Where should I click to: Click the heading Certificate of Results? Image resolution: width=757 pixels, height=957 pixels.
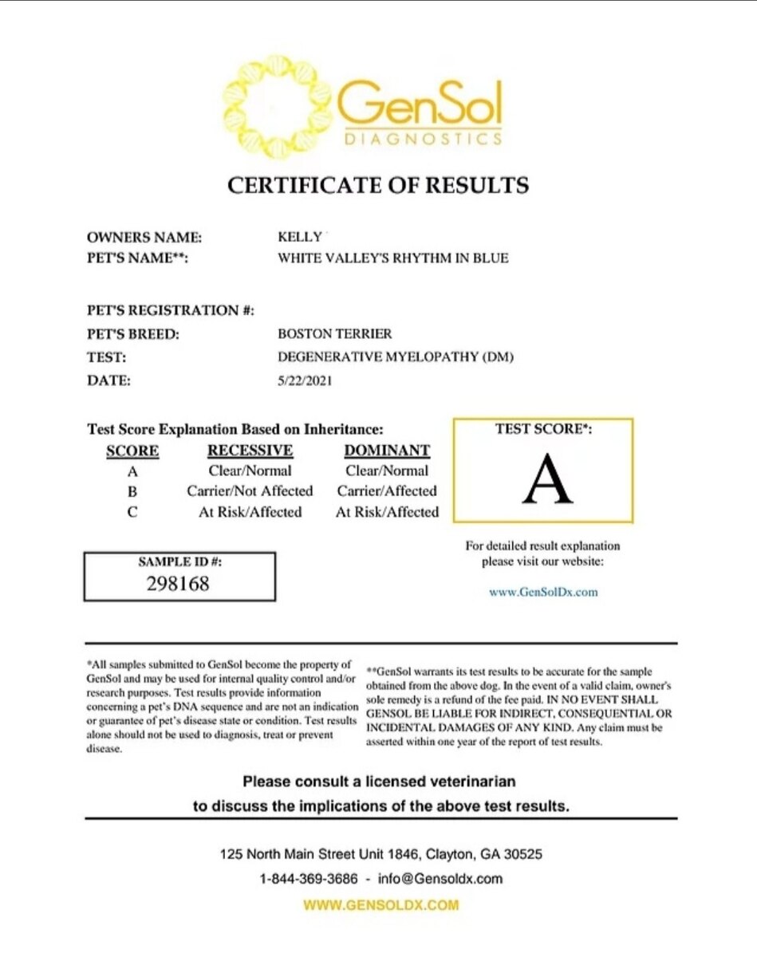(378, 185)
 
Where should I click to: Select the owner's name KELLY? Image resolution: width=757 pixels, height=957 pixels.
(299, 237)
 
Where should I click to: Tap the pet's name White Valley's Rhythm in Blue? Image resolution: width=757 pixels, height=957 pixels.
(392, 258)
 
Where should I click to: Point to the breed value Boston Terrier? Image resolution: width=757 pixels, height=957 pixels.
(335, 334)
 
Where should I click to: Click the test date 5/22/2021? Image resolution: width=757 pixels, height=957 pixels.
(305, 380)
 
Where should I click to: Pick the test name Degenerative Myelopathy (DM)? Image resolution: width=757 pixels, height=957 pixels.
(396, 357)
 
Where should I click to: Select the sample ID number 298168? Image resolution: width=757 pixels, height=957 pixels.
(179, 583)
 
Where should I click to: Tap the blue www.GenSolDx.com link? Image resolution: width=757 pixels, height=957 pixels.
(542, 592)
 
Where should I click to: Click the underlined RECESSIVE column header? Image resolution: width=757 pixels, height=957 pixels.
(250, 451)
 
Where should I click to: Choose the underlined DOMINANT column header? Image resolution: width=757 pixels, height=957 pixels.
(387, 451)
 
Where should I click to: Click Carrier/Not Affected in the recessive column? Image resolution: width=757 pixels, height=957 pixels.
(250, 491)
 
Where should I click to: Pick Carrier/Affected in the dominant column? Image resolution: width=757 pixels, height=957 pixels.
(387, 491)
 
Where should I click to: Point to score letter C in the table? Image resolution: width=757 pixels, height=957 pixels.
(132, 512)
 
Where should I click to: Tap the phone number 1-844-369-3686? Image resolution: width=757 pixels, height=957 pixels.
(307, 879)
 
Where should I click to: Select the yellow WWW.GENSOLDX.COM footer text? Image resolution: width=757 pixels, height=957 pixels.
(381, 905)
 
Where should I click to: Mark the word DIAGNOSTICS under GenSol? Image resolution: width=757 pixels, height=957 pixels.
(423, 139)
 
